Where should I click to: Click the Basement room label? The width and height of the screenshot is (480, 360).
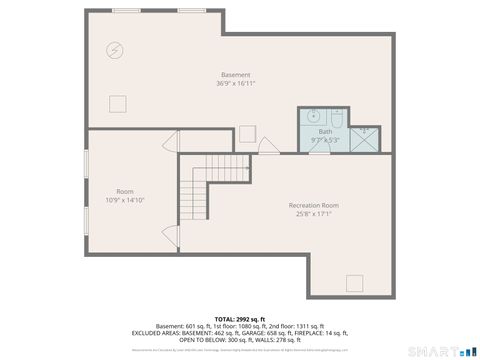coord(236,75)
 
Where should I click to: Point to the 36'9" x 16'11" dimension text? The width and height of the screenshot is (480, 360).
coord(236,84)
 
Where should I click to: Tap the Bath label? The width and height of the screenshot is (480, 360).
coord(326,131)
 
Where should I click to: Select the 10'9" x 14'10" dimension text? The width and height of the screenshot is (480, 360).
coord(125,200)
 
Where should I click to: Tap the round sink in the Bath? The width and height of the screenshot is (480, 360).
coord(310,115)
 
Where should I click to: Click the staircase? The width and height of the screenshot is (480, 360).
coord(194,190)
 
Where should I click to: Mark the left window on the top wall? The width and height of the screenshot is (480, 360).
coord(127,10)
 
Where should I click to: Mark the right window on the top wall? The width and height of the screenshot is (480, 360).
coord(192,10)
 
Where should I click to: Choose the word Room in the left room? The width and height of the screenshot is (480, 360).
coord(125,191)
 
